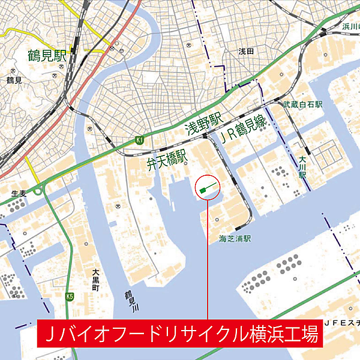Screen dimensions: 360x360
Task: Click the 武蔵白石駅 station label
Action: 303,104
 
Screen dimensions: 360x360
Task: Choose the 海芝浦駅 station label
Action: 234,239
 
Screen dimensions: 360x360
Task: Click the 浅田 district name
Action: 247,52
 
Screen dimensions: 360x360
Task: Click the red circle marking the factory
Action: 207,188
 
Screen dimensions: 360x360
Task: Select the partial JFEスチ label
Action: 341,323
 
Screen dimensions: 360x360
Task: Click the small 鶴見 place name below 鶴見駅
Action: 14,80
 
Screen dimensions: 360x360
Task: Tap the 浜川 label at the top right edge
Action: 350,26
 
